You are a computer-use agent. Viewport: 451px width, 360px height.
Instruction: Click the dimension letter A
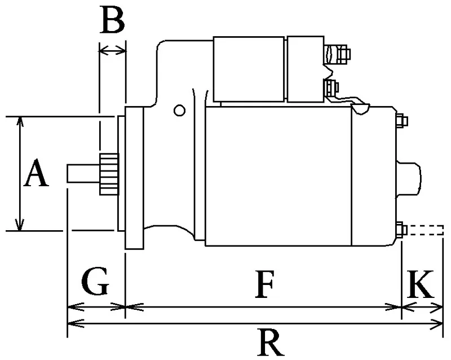click(x=36, y=173)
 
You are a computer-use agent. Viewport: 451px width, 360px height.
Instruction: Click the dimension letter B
click(x=113, y=20)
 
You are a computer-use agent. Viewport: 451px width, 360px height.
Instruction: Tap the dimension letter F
click(x=264, y=284)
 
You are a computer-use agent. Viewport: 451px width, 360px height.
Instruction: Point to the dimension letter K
click(x=420, y=284)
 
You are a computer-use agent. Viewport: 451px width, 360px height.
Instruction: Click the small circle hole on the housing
click(x=179, y=110)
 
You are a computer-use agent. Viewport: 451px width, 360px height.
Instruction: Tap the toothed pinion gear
click(x=109, y=174)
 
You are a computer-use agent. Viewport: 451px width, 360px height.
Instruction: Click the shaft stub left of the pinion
click(x=83, y=173)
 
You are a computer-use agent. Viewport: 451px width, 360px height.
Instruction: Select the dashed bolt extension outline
click(x=426, y=230)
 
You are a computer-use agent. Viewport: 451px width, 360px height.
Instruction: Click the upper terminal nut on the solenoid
click(x=343, y=54)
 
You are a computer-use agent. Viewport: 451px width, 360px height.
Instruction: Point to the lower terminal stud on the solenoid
click(x=331, y=87)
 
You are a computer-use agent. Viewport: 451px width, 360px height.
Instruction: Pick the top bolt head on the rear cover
click(x=402, y=121)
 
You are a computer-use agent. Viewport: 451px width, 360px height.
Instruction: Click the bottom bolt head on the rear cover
click(x=401, y=230)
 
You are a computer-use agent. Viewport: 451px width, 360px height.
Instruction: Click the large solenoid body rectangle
click(x=249, y=69)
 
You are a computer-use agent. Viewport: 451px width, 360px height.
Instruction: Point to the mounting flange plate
click(x=134, y=178)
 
